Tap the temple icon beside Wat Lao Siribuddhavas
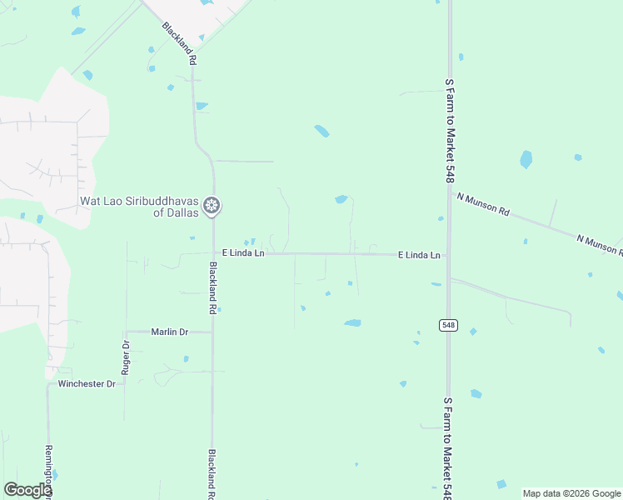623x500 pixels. click(x=212, y=205)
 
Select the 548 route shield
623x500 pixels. click(x=449, y=325)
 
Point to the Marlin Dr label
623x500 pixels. click(x=169, y=332)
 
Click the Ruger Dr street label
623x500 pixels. click(x=126, y=357)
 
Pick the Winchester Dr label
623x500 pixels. click(x=87, y=384)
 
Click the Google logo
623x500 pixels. click(x=27, y=490)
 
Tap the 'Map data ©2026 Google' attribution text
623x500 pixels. click(x=572, y=493)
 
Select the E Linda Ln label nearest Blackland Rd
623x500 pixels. click(x=242, y=252)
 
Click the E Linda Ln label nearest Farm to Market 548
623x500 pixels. click(x=419, y=255)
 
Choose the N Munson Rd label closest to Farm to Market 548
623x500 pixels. click(x=483, y=204)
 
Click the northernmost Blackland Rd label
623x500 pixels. click(x=180, y=43)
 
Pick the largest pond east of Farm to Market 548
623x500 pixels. click(x=526, y=159)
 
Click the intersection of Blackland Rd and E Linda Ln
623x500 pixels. click(x=213, y=252)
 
